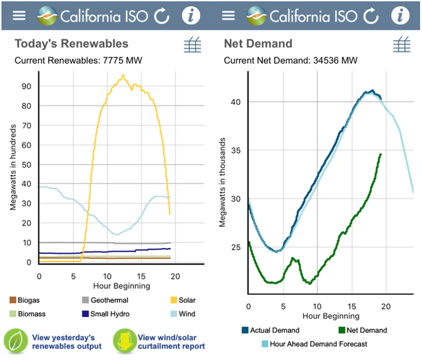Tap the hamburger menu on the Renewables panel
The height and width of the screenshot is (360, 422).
(19, 16)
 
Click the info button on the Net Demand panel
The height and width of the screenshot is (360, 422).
(400, 16)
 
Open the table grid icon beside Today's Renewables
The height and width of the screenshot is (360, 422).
(193, 45)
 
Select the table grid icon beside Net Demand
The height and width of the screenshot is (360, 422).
(402, 45)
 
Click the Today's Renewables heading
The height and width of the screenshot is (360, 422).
(72, 44)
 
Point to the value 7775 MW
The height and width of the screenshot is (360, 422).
(123, 60)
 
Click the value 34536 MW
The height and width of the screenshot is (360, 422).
(335, 60)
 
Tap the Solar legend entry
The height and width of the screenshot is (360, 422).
(183, 300)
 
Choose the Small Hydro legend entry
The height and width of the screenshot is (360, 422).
(105, 314)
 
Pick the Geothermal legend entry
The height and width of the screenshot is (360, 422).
(105, 300)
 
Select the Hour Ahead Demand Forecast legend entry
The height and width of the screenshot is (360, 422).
(315, 344)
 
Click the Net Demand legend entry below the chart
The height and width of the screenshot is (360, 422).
(363, 330)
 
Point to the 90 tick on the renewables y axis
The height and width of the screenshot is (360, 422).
(26, 86)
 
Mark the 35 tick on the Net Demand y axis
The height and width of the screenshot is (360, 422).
(236, 150)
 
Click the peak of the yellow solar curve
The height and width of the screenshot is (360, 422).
(123, 75)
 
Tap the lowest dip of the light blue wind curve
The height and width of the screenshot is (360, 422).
(117, 234)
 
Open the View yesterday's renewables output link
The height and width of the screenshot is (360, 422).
(67, 342)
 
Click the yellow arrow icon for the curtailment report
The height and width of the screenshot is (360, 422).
(125, 341)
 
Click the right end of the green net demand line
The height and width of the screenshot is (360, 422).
(381, 154)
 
